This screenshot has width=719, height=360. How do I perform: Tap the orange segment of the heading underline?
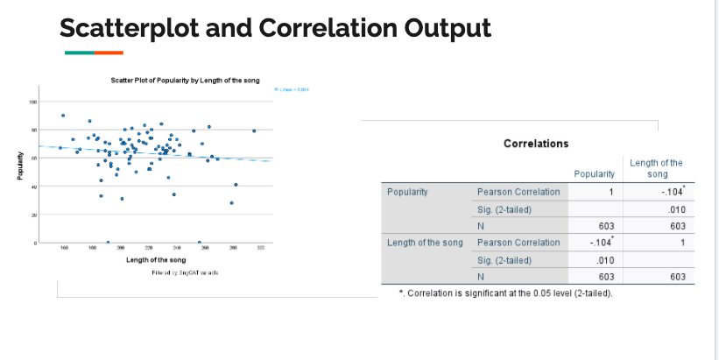109,53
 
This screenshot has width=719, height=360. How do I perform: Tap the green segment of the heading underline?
80,53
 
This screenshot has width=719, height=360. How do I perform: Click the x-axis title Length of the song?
156,260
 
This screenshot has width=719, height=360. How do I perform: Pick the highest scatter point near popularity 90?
63,115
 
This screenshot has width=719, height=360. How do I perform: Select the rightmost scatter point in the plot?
254,131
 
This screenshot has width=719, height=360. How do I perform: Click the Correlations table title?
536,143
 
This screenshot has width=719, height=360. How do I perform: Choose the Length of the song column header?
656,168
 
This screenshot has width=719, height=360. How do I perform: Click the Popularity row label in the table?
408,190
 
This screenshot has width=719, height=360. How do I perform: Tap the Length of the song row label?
425,242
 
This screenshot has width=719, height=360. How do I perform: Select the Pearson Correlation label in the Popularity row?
518,191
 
